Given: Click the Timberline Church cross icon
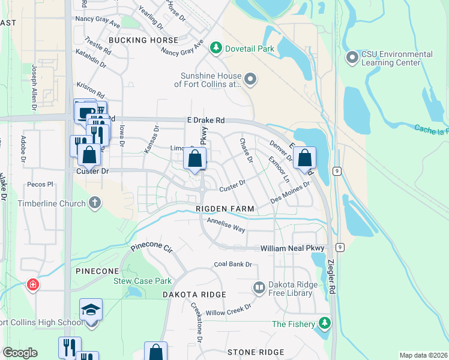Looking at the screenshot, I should coord(94,203).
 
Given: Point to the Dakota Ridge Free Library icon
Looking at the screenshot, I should coord(259,289).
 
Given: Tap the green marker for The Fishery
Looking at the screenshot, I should coord(325,324).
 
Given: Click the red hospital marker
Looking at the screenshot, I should coord(32,285).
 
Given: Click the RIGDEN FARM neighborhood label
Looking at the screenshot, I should coord(226,209).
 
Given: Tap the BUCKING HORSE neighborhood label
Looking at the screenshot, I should coord(143,40).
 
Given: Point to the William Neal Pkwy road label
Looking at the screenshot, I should coord(292,248).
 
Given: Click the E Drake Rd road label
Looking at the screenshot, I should coord(205,121).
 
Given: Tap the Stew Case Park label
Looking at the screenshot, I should coord(143,281).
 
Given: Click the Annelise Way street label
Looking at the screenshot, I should coord(226,224).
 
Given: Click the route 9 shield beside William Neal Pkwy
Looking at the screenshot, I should coord(340,247).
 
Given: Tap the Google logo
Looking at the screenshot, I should coord(20,353).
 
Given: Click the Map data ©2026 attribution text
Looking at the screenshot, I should coord(423,355).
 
